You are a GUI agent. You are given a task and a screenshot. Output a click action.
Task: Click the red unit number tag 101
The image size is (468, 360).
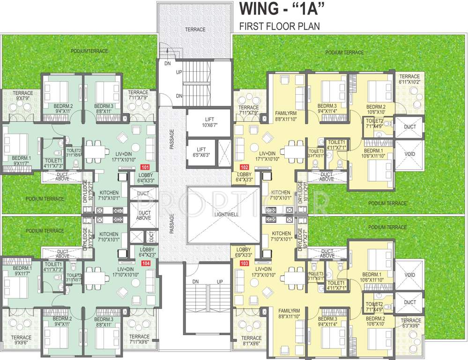145,167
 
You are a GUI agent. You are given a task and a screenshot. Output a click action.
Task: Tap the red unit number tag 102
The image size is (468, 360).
244,167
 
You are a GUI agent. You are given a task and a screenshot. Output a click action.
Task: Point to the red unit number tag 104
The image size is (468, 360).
147,264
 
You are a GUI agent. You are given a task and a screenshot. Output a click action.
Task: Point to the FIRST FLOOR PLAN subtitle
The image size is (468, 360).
280,26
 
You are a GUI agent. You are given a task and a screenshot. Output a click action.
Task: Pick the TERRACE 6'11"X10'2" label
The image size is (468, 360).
409,79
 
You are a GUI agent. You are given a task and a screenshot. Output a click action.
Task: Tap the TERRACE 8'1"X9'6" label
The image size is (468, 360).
249,340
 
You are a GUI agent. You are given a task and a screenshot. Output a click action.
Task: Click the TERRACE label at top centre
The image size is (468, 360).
195,30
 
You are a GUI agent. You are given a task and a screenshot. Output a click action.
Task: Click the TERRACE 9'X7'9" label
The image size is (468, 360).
22,96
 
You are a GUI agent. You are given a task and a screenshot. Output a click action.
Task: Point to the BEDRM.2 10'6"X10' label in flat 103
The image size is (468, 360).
376,321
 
